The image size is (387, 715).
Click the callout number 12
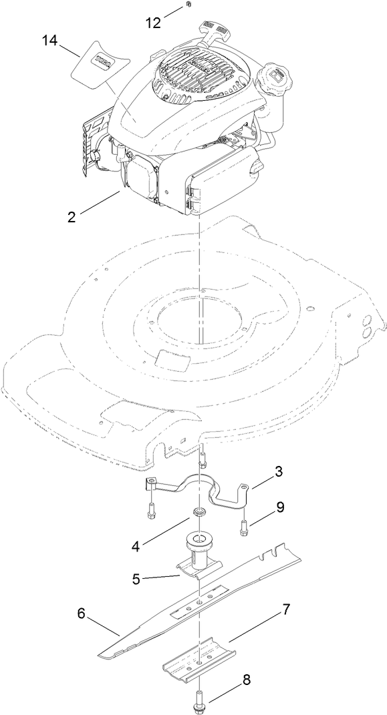pos(153,22)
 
